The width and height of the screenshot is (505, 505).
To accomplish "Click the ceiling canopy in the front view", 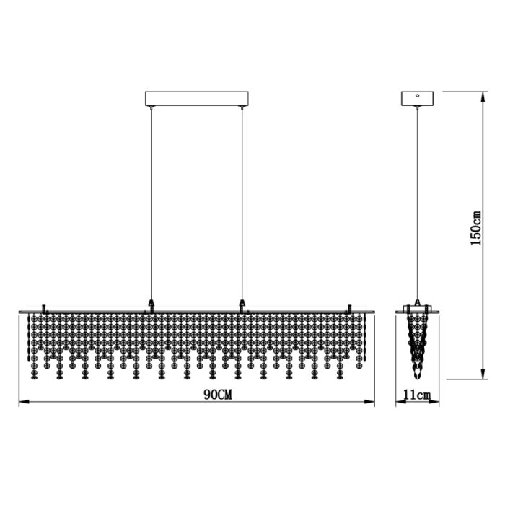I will [x=197, y=98].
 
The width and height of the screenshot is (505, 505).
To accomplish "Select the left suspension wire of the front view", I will [x=151, y=202].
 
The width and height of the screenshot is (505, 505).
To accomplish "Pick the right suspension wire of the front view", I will [x=242, y=202].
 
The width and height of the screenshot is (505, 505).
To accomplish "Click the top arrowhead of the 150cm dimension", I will [x=480, y=95].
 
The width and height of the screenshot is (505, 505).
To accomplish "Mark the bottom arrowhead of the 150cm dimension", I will [x=480, y=375].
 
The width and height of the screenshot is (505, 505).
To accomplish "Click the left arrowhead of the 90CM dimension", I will [x=22, y=403].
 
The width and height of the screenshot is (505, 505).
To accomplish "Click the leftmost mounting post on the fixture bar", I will [x=45, y=308].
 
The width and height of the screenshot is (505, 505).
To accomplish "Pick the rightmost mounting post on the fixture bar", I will [x=350, y=308].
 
